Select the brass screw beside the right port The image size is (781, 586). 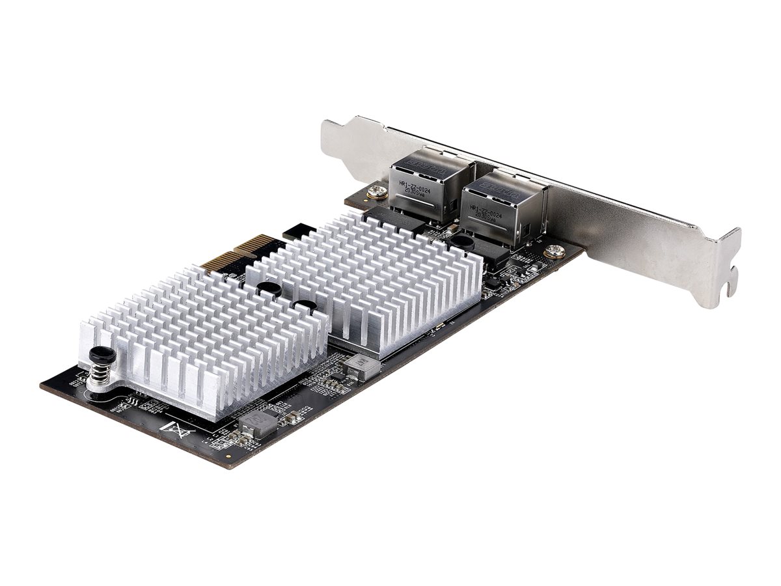(555, 251)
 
